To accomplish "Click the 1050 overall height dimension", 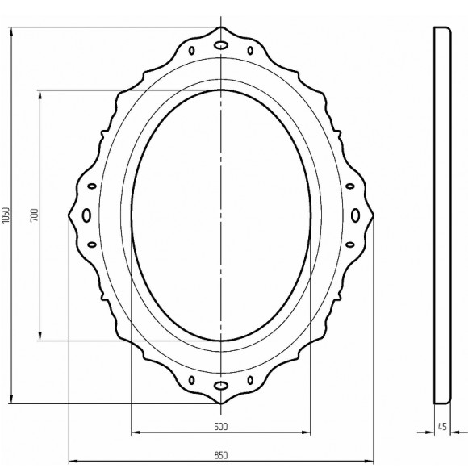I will pyautogui.click(x=6, y=215).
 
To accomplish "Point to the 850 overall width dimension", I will pyautogui.click(x=221, y=454).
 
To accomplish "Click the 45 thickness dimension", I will pyautogui.click(x=442, y=426).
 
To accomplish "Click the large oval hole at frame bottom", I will pyautogui.click(x=220, y=386).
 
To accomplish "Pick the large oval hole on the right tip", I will pyautogui.click(x=355, y=215).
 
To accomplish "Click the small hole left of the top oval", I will pyautogui.click(x=191, y=51).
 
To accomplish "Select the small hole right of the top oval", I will pyautogui.click(x=250, y=51).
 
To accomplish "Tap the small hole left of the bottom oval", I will pyautogui.click(x=191, y=379).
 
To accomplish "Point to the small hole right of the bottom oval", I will pyautogui.click(x=250, y=379).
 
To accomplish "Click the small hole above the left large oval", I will pyautogui.click(x=91, y=186).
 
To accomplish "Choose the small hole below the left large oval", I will pyautogui.click(x=91, y=244).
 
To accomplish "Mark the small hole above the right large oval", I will pyautogui.click(x=350, y=186).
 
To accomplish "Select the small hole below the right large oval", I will pyautogui.click(x=350, y=244).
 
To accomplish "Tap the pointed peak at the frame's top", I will pyautogui.click(x=220, y=27).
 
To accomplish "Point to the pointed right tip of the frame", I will pyautogui.click(x=375, y=215).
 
